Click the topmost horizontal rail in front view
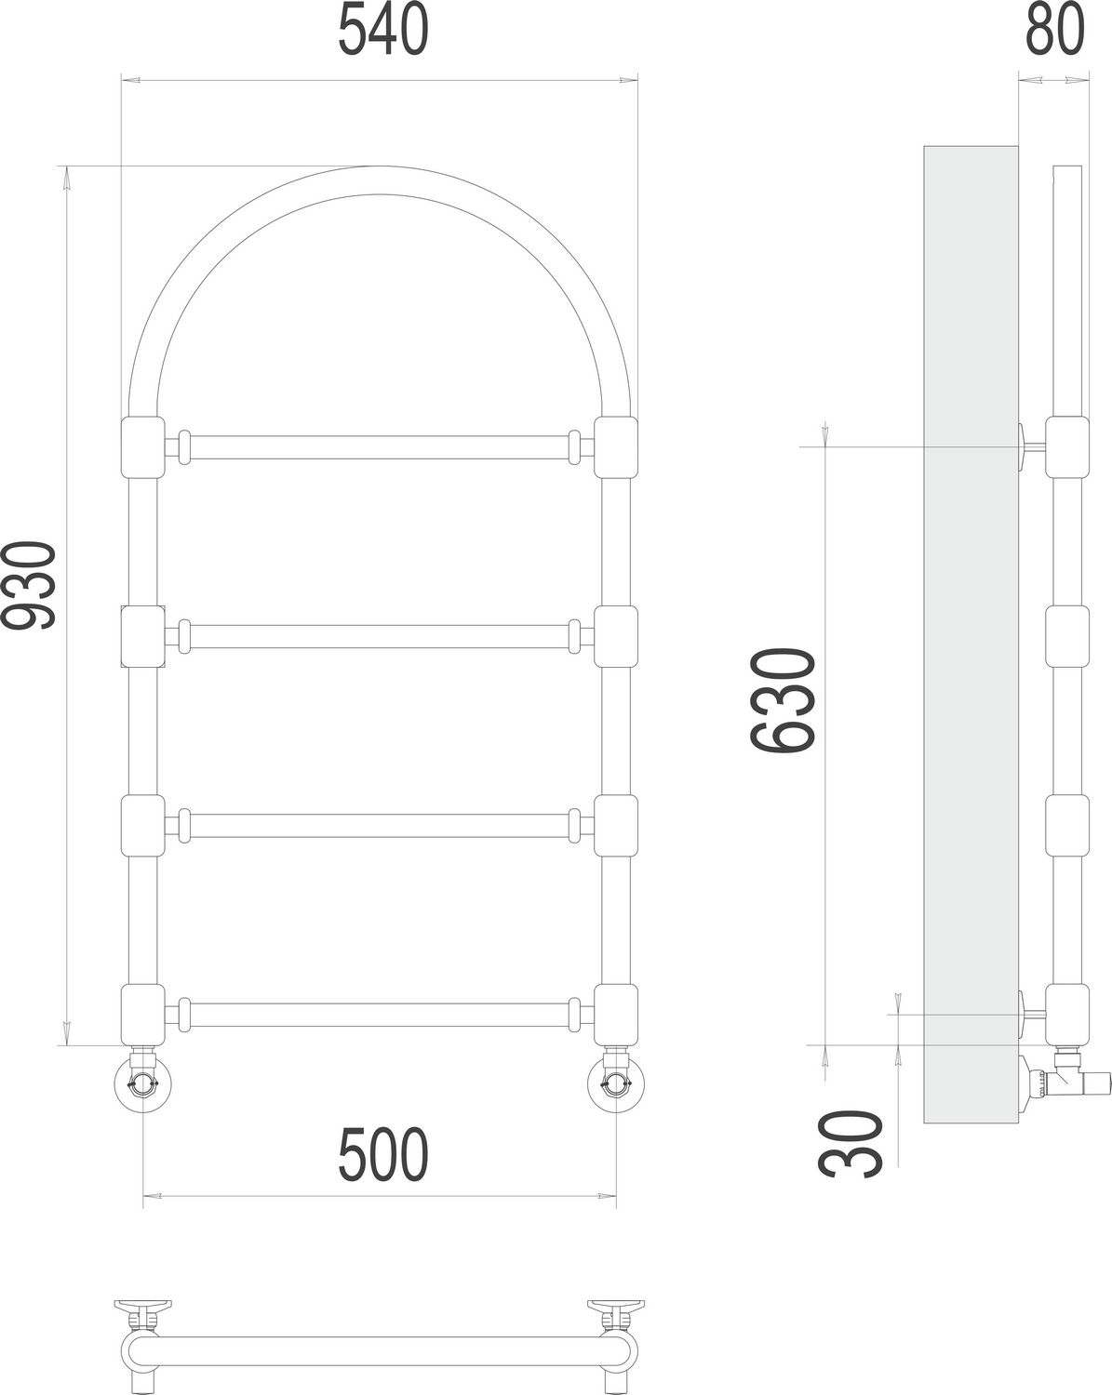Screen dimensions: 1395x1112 click(x=379, y=447)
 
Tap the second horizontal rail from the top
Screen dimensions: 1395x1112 click(x=379, y=637)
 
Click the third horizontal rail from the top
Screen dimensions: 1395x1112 click(x=379, y=826)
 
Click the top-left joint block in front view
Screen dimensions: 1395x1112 click(x=142, y=448)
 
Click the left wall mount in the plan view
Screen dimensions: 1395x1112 click(x=142, y=1310)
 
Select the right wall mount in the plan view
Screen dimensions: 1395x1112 click(x=615, y=1310)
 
